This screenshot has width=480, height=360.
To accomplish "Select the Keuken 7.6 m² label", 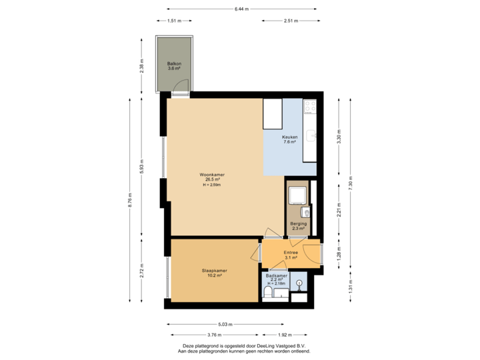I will point(289,139).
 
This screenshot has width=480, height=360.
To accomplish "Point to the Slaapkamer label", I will point(215,273).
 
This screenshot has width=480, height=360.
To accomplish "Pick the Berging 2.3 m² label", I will point(298,226).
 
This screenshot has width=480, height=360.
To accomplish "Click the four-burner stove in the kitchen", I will point(309,107).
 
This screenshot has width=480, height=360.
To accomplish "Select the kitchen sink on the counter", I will point(310,137).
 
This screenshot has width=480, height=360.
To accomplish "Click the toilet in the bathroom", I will point(268,293).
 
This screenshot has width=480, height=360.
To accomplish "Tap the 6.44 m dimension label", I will point(241,9).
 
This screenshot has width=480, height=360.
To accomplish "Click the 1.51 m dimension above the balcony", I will point(175,21).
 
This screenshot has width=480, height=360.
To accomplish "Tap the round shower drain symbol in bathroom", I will point(299,283).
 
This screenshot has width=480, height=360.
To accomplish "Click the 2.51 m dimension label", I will point(289,21).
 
